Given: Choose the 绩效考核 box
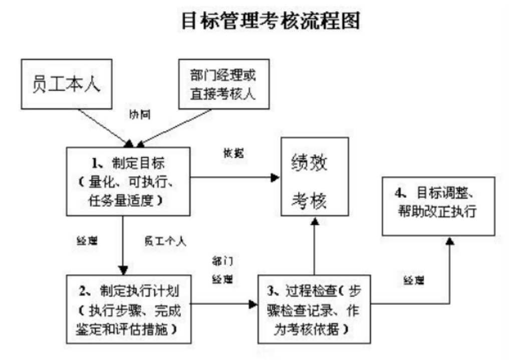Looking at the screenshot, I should click(x=314, y=178).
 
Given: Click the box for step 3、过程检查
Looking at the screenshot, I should click(x=315, y=308).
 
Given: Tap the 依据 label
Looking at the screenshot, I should click(x=233, y=154).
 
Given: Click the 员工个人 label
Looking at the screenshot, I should click(x=165, y=241).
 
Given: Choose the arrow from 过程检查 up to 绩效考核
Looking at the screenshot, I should click(x=314, y=245).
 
